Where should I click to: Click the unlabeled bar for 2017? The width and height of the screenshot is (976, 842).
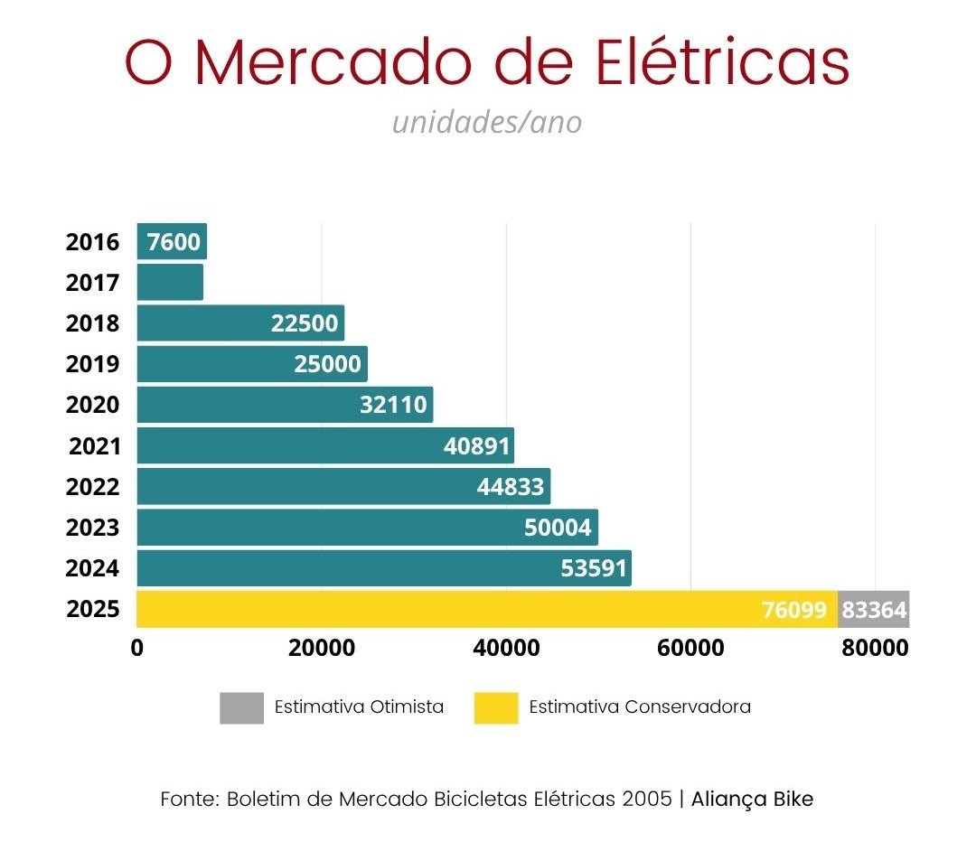tap(170, 282)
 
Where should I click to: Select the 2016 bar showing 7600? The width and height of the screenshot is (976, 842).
tap(172, 241)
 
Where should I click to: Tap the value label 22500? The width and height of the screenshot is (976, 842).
tap(305, 323)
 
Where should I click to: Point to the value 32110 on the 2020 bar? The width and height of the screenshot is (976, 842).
tap(393, 405)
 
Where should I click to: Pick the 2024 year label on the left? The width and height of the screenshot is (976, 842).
tap(92, 569)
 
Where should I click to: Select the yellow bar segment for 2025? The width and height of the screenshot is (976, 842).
tap(452, 609)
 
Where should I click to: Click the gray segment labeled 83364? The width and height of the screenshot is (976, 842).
tap(874, 610)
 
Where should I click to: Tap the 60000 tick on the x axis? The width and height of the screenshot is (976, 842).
tap(690, 649)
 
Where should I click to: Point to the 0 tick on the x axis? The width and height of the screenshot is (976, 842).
tap(137, 649)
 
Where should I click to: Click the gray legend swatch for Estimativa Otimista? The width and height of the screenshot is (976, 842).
tap(241, 707)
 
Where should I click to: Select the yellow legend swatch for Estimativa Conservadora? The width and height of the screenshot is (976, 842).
tap(496, 707)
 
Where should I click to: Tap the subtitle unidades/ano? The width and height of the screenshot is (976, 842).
tap(487, 123)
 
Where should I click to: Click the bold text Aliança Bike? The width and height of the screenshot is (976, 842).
tap(752, 800)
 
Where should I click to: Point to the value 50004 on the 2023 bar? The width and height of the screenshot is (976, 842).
tap(558, 528)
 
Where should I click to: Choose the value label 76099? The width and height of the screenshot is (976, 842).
tap(794, 610)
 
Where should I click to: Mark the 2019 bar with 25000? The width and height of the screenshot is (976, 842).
tap(252, 364)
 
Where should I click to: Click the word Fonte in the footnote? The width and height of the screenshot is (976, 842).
tap(188, 800)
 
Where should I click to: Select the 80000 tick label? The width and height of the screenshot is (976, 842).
tap(875, 649)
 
